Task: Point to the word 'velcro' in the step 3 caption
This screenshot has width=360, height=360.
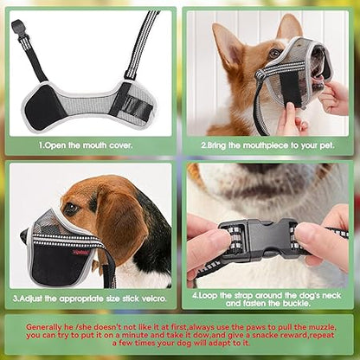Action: [x=153, y=297]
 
